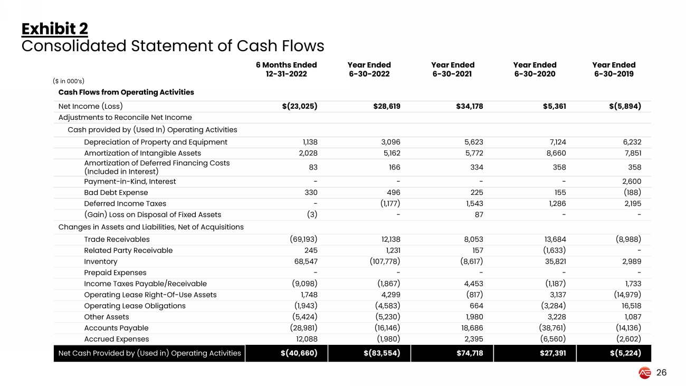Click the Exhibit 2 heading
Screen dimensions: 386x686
54,29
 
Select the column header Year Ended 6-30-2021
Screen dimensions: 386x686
452,69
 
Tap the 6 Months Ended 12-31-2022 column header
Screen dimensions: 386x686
286,69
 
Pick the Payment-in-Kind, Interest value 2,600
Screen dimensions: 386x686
630,181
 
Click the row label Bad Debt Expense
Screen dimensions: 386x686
116,192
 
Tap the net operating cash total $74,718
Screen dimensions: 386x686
469,353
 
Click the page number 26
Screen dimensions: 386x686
661,373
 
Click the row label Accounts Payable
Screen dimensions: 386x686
116,328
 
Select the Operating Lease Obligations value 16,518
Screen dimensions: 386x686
629,306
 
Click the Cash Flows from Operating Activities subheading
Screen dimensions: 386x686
126,92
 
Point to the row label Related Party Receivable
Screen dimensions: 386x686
128,250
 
